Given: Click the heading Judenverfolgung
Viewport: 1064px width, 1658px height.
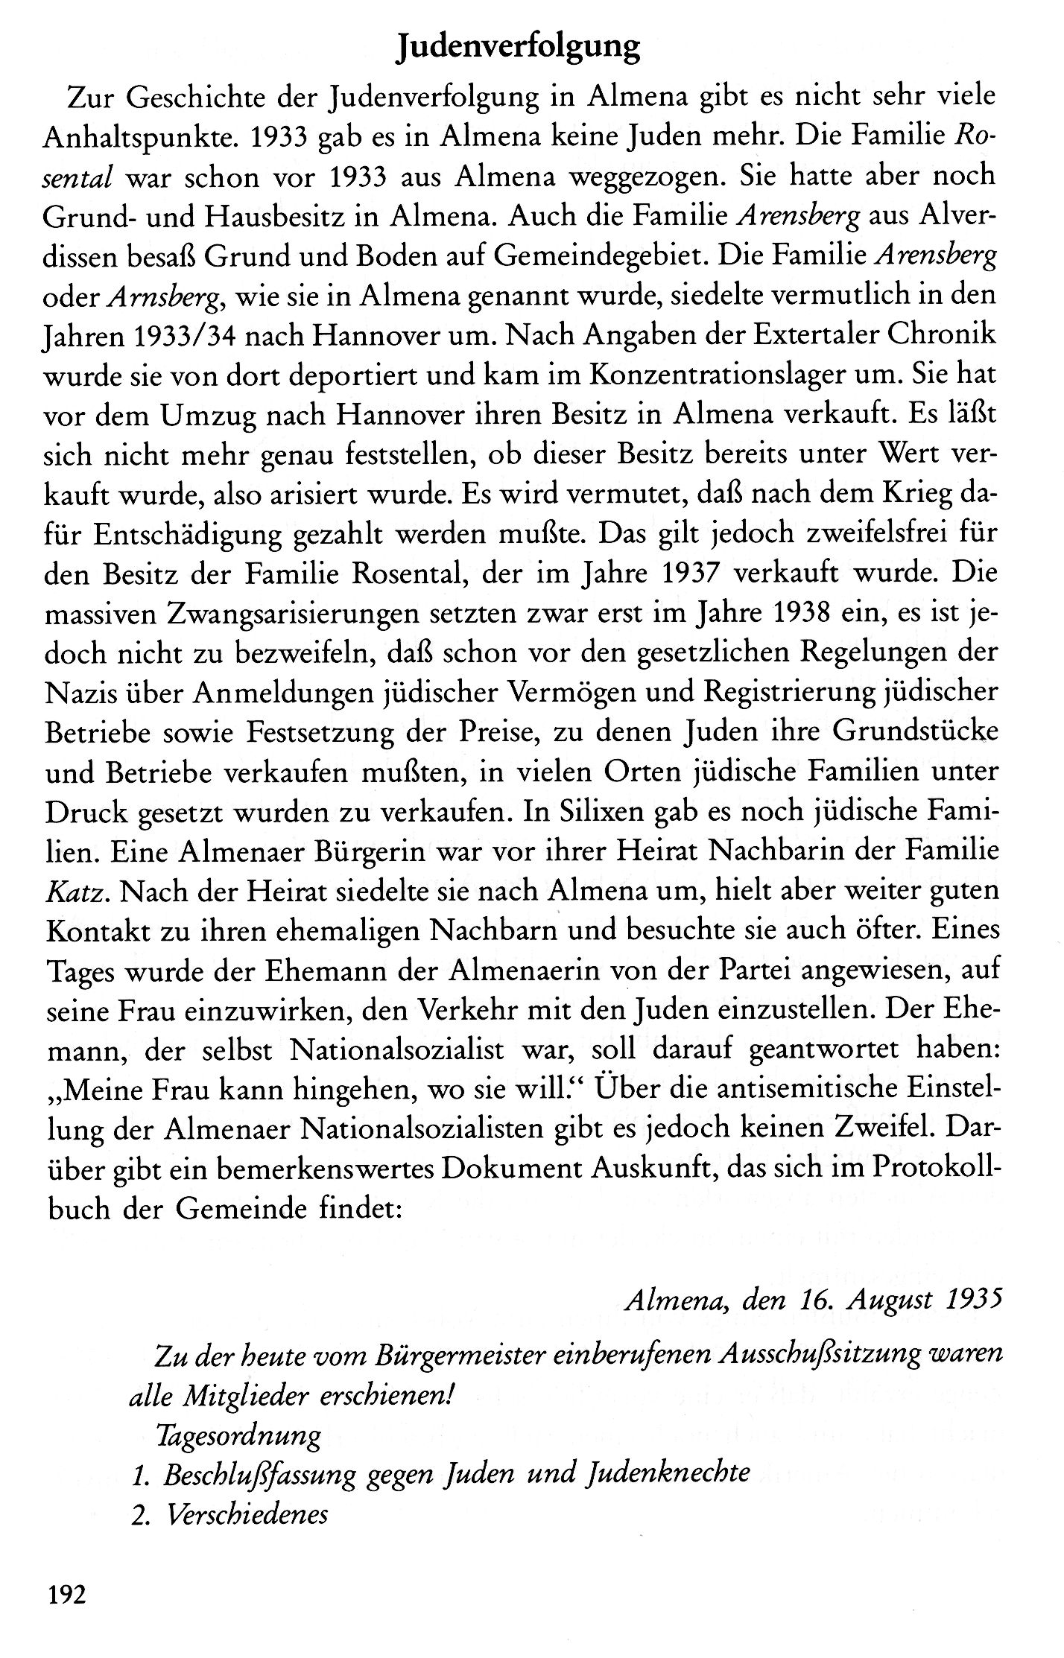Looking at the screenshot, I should pos(519,48).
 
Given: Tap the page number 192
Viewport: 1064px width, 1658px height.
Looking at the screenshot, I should pos(67,1595).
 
